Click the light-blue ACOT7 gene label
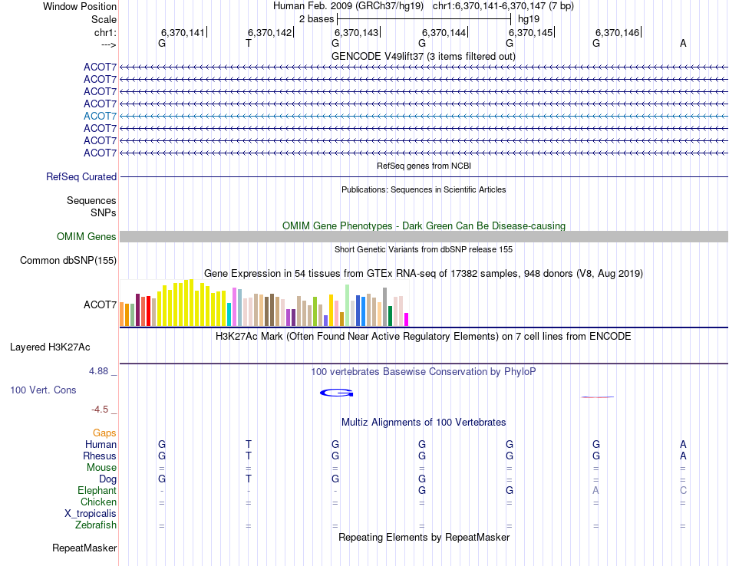click(100, 116)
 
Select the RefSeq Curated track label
click(81, 177)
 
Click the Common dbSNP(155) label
click(68, 261)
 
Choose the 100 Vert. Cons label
click(43, 390)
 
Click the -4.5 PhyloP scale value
click(104, 410)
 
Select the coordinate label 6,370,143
click(357, 33)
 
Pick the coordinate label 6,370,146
click(617, 33)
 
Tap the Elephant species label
click(97, 491)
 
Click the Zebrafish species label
click(96, 525)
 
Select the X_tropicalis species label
click(91, 514)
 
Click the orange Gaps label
click(104, 433)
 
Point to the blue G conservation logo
click(336, 393)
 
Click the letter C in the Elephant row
click(683, 491)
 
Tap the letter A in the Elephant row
click(595, 491)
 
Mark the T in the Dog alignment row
click(249, 479)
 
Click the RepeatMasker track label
click(84, 548)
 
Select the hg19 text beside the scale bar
click(528, 18)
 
